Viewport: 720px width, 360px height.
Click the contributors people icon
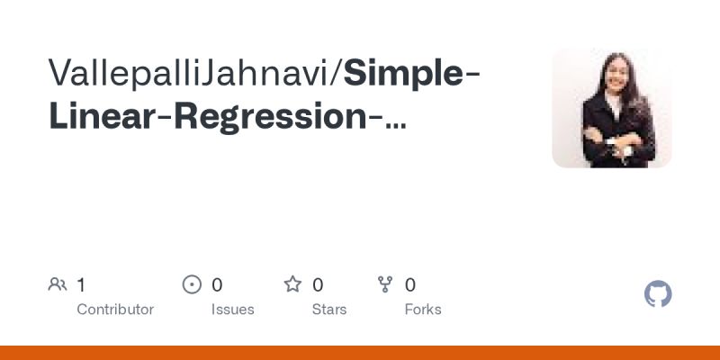point(58,285)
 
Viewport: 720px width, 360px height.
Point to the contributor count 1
point(81,285)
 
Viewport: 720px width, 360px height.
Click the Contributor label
point(115,310)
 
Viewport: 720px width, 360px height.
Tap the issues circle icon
point(192,285)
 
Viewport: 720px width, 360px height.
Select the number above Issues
point(217,285)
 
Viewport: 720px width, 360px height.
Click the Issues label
point(232,310)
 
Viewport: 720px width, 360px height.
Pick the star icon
point(292,285)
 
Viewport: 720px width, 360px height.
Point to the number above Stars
point(318,285)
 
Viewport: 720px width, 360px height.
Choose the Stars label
point(330,310)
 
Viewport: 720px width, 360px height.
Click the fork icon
point(385,285)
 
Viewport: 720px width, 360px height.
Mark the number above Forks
point(410,285)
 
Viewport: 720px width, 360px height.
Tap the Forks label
point(423,310)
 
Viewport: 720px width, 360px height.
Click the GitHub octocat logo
point(659,294)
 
